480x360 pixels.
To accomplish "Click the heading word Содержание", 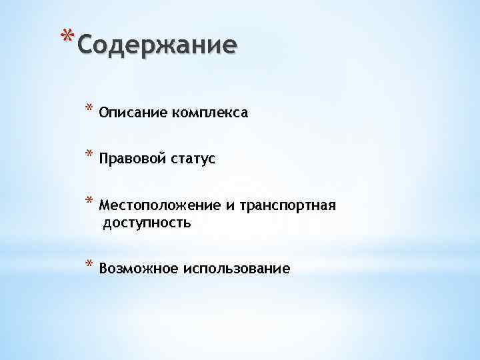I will tap(157, 45).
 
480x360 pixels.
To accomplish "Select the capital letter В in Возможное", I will tap(103, 269).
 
